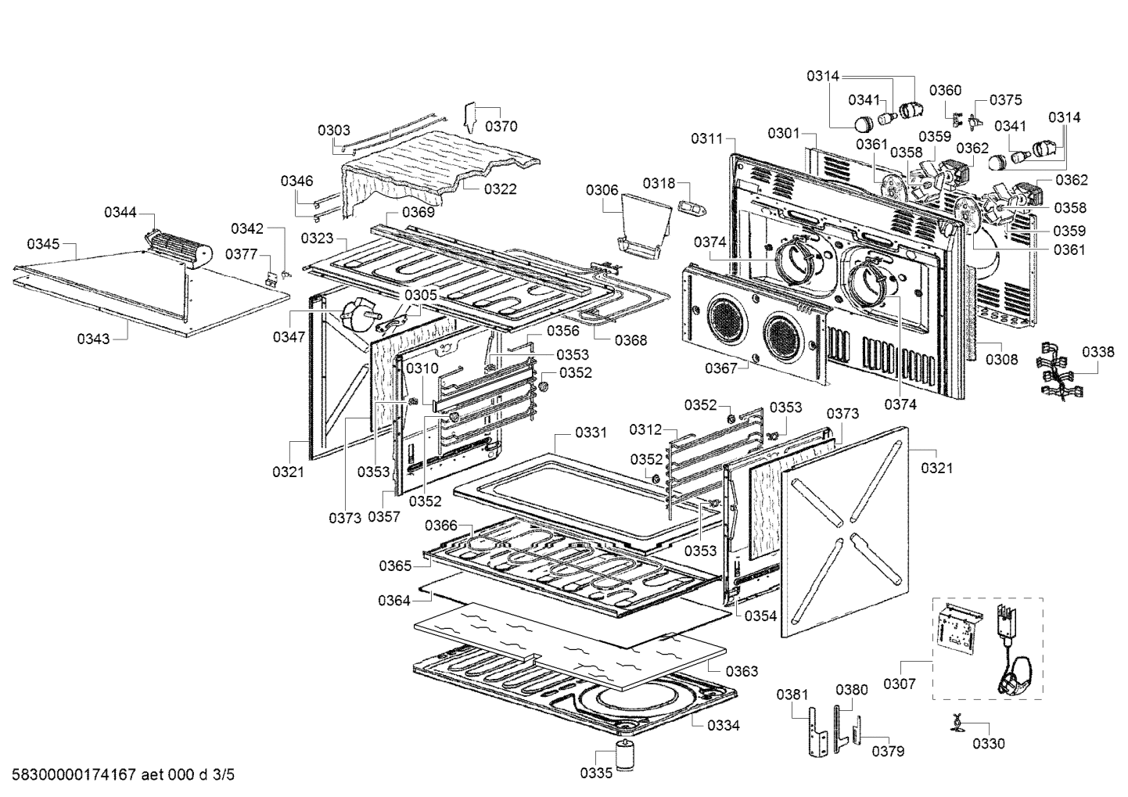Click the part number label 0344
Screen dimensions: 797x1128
[x=120, y=212]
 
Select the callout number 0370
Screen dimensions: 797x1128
[x=501, y=126]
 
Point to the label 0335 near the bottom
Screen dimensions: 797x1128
[x=596, y=774]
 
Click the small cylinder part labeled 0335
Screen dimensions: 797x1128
[x=626, y=756]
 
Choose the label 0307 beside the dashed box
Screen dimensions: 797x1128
[x=900, y=684]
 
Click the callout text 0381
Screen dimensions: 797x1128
[x=792, y=695]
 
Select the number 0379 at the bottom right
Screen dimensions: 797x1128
[x=888, y=751]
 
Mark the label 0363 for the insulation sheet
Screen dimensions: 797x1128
[x=742, y=671]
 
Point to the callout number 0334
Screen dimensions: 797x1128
[x=724, y=725]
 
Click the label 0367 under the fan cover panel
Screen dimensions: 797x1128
[x=720, y=368]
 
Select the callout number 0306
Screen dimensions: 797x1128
[x=602, y=190]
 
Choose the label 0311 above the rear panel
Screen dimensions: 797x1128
[x=706, y=138]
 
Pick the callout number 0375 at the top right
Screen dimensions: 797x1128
[x=1006, y=100]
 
